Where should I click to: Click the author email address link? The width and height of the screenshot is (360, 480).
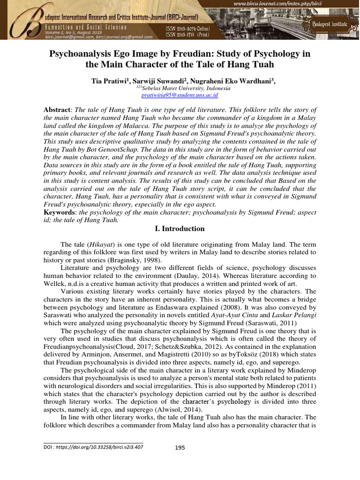180,95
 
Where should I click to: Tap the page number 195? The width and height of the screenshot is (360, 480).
180,448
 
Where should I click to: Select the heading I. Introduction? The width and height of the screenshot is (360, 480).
180,229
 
